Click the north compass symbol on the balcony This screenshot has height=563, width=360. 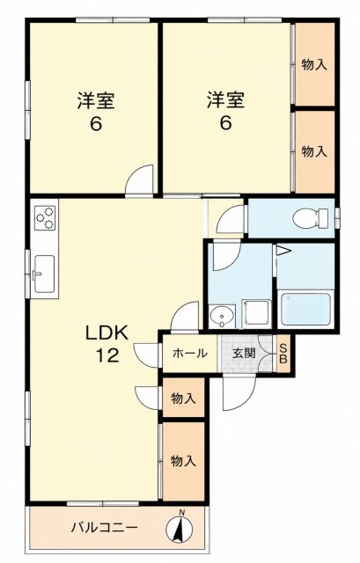[180, 527]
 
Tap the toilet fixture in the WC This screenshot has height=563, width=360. [311, 218]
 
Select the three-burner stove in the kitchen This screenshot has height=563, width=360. [45, 217]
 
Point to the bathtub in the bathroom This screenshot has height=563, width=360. [305, 309]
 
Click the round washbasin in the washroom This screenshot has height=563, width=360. [222, 317]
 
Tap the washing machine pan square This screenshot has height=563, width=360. [256, 313]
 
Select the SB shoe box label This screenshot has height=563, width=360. [283, 354]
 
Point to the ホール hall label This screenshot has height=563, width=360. [190, 354]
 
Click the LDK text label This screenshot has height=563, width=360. [107, 333]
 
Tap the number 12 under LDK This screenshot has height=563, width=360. [107, 355]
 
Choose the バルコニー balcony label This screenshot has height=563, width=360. [104, 528]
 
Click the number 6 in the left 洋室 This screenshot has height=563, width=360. [96, 124]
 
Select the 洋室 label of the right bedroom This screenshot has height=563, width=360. [225, 100]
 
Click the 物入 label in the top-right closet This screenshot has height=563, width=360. [314, 65]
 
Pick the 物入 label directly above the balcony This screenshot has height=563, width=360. [184, 461]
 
